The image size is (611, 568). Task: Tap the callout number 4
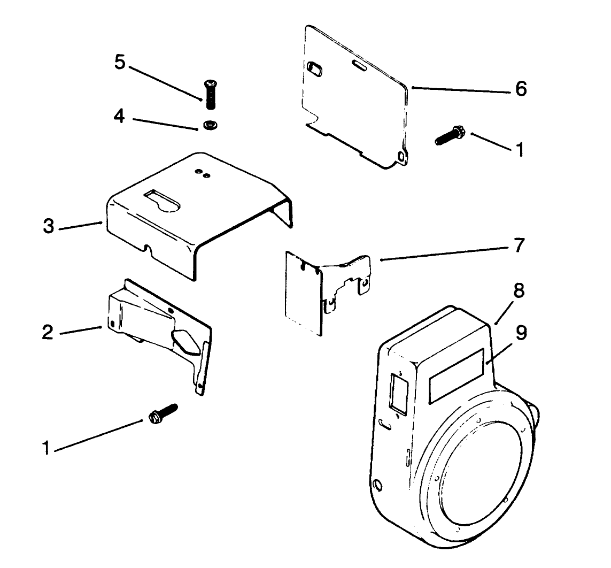pos(120,116)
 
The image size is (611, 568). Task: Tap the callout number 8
pos(519,292)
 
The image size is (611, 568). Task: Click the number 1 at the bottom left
pos(47,447)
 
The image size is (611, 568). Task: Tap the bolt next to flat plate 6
pos(449,135)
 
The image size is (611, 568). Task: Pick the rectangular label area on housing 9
pos(458,375)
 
